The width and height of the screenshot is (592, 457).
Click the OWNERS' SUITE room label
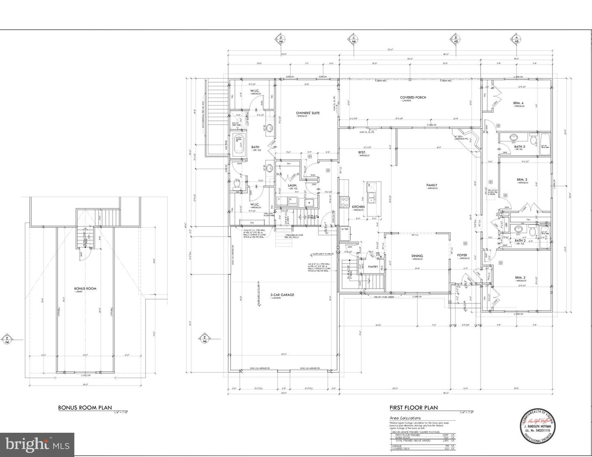(308, 113)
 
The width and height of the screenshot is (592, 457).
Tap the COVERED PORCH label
(413, 97)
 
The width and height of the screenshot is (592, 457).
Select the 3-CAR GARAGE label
(282, 295)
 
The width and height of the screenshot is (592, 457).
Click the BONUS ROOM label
(85, 289)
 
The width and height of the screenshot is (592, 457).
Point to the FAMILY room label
(431, 185)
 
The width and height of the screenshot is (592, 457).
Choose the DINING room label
(417, 256)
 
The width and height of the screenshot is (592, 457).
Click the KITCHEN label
(358, 206)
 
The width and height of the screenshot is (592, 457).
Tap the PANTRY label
(373, 267)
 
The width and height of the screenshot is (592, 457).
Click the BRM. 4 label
(518, 103)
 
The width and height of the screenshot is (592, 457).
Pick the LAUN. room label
(292, 185)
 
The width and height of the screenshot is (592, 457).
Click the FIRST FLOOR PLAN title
(414, 408)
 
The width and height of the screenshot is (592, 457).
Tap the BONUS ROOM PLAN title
(85, 408)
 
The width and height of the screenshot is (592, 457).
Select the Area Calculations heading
(405, 418)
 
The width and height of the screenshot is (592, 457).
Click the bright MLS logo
(37, 444)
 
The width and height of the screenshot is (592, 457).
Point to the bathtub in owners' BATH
(239, 144)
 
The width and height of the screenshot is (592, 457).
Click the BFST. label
(362, 152)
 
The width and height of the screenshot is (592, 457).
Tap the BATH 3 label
(519, 146)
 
